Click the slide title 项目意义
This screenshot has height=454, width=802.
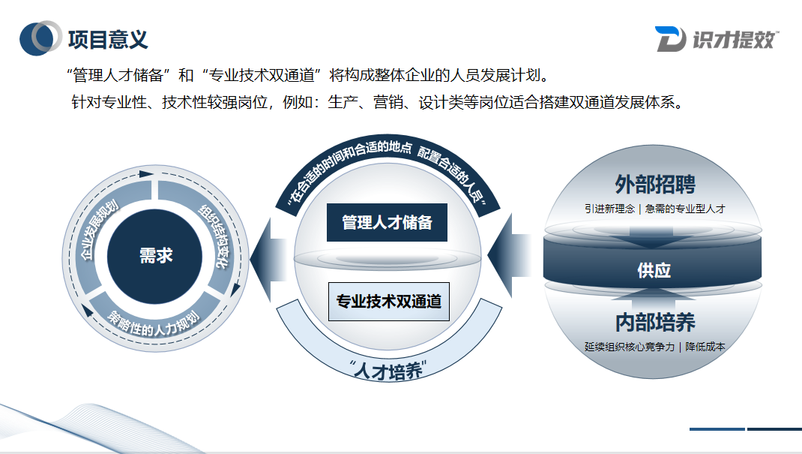pyautogui.click(x=108, y=38)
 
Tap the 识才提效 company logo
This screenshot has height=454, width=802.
pyautogui.click(x=716, y=39)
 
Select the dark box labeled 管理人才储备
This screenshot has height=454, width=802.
pyautogui.click(x=387, y=222)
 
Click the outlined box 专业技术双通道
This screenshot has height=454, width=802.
pyautogui.click(x=388, y=301)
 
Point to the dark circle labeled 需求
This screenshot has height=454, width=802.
pyautogui.click(x=156, y=255)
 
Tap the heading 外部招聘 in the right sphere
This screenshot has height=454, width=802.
pyautogui.click(x=654, y=184)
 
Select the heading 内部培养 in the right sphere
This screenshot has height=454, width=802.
pyautogui.click(x=654, y=322)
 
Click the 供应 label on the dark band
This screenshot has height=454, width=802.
pyautogui.click(x=654, y=270)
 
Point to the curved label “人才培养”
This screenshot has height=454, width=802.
pyautogui.click(x=388, y=369)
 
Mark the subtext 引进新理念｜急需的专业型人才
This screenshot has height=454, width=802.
pyautogui.click(x=654, y=209)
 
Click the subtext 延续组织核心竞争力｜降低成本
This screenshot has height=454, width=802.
pyautogui.click(x=654, y=346)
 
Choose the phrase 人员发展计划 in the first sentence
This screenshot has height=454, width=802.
pyautogui.click(x=497, y=75)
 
